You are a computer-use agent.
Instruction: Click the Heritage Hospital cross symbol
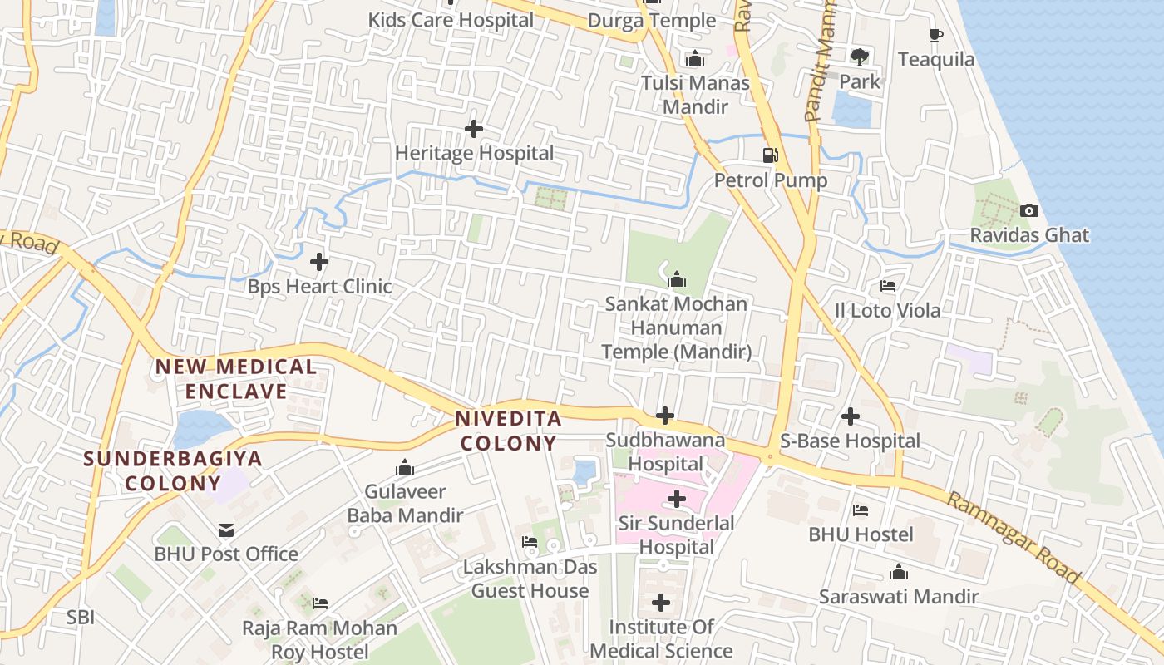pyautogui.click(x=474, y=129)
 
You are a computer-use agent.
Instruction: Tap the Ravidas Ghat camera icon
pyautogui.click(x=1029, y=210)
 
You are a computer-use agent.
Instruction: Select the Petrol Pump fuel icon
pyautogui.click(x=771, y=155)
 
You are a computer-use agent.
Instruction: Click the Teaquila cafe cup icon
pyautogui.click(x=936, y=35)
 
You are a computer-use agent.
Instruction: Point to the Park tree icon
pyautogui.click(x=859, y=57)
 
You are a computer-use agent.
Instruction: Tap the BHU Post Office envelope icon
pyautogui.click(x=226, y=530)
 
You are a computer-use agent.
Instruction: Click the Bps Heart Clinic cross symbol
pyautogui.click(x=319, y=262)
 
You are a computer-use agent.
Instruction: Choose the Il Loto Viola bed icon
pyautogui.click(x=888, y=286)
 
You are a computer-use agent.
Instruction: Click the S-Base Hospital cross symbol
pyautogui.click(x=851, y=416)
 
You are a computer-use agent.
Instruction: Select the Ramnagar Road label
pyautogui.click(x=1014, y=538)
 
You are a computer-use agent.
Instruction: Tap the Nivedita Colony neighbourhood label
pyautogui.click(x=508, y=431)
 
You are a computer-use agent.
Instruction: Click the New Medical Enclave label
pyautogui.click(x=236, y=378)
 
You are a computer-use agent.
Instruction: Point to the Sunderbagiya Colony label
pyautogui.click(x=172, y=470)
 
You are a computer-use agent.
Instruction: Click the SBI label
pyautogui.click(x=81, y=618)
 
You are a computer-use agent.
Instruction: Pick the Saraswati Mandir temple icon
pyautogui.click(x=898, y=572)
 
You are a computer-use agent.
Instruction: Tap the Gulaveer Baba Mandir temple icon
pyautogui.click(x=405, y=467)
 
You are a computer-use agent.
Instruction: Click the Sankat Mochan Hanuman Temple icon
pyautogui.click(x=677, y=279)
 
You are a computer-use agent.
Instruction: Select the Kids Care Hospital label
pyautogui.click(x=451, y=20)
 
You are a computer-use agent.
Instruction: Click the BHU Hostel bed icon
pyautogui.click(x=861, y=510)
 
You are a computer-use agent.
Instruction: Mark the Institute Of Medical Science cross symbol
pyautogui.click(x=661, y=603)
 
